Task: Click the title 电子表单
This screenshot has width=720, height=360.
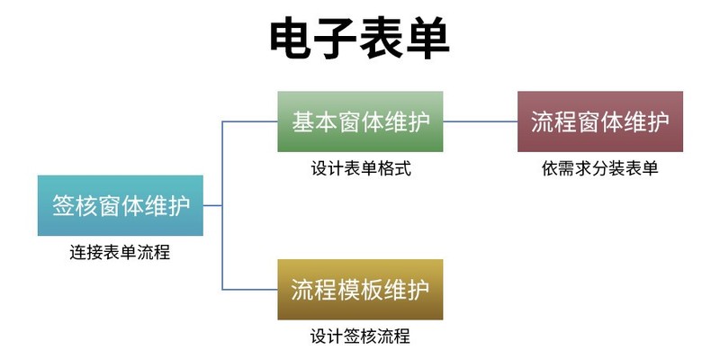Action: click(360, 39)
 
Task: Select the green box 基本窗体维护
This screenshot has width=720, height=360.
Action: click(360, 121)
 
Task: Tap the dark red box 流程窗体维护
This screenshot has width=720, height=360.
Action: click(599, 121)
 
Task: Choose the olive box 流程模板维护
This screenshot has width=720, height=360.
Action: click(360, 290)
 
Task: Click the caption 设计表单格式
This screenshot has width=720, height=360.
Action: click(360, 168)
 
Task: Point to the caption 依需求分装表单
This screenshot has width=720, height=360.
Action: click(599, 168)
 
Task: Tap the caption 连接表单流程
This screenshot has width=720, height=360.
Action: click(120, 253)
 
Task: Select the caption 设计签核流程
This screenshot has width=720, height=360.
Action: click(360, 337)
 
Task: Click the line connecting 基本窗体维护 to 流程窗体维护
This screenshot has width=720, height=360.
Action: click(481, 121)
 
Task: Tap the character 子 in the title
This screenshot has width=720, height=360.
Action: click(337, 39)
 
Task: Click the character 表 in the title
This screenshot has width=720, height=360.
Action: click(382, 39)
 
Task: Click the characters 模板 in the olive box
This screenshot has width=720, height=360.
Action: click(360, 290)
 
